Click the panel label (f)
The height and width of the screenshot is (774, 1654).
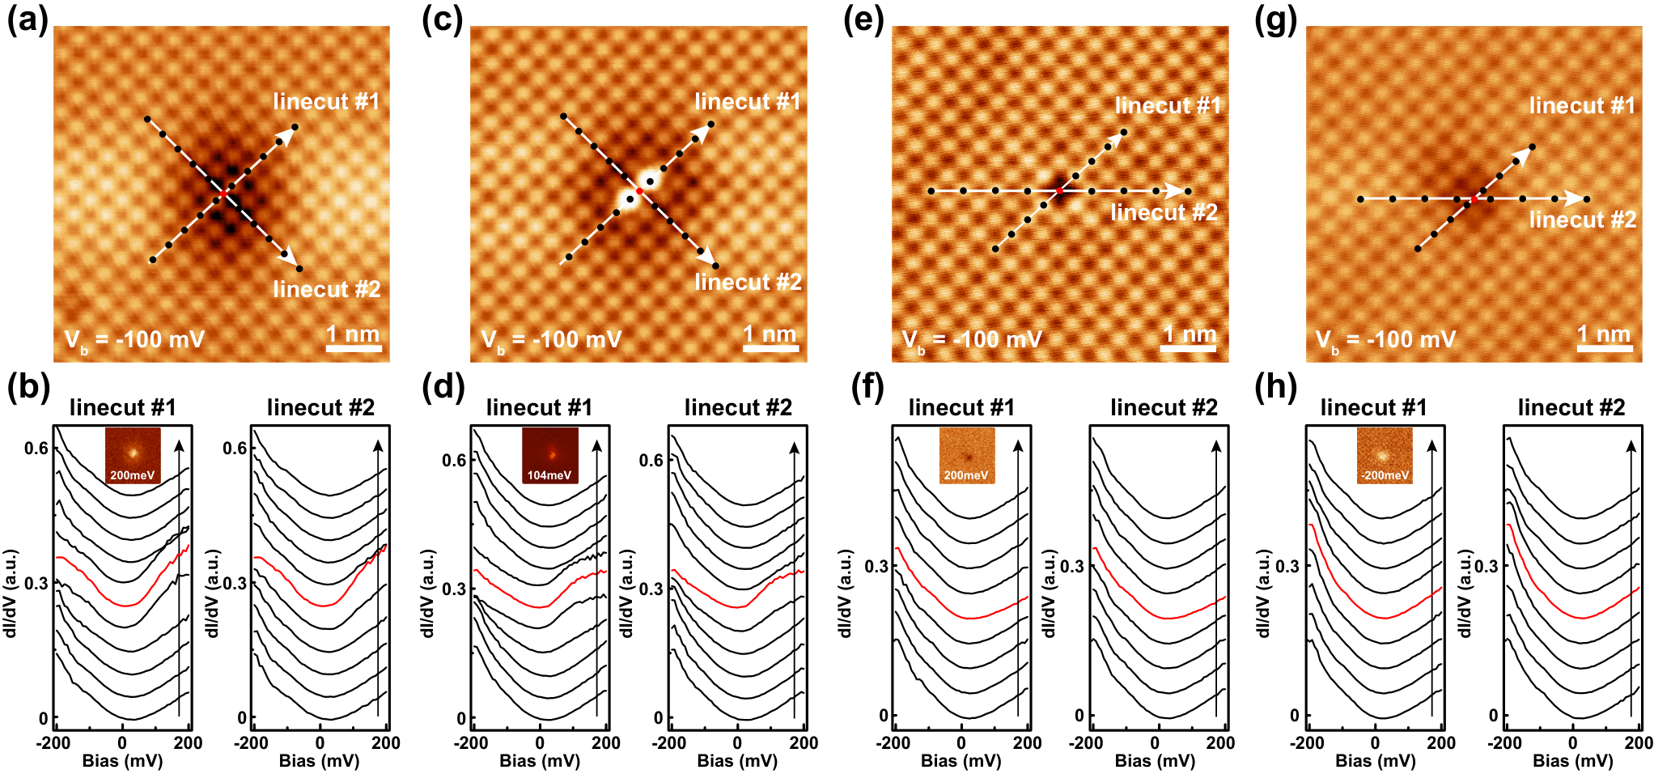[x=867, y=388]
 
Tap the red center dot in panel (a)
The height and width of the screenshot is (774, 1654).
[x=223, y=194]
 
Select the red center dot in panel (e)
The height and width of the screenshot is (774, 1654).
[x=1059, y=191]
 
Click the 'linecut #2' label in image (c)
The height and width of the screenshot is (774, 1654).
[x=749, y=282]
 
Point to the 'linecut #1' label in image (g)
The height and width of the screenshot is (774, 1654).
[x=1582, y=105]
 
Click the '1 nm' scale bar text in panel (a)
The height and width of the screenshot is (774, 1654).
[x=353, y=334]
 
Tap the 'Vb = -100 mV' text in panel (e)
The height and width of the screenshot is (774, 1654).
[x=972, y=341]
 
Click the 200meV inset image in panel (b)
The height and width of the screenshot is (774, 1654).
[x=133, y=456]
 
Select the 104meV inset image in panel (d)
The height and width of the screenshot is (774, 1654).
[x=550, y=456]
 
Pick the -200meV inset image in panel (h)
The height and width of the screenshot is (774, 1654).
[x=1385, y=456]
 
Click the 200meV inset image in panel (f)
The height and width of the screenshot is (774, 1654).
[x=967, y=456]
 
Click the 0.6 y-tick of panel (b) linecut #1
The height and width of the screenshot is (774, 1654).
[x=36, y=449]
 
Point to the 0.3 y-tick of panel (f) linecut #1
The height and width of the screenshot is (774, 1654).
[x=876, y=566]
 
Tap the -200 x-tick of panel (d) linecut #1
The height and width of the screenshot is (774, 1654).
[x=471, y=742]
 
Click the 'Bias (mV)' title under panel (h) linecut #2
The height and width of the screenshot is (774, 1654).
[x=1573, y=761]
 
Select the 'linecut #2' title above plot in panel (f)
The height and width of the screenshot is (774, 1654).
[x=1164, y=408]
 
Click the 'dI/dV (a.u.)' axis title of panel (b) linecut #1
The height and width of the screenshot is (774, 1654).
[x=11, y=593]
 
